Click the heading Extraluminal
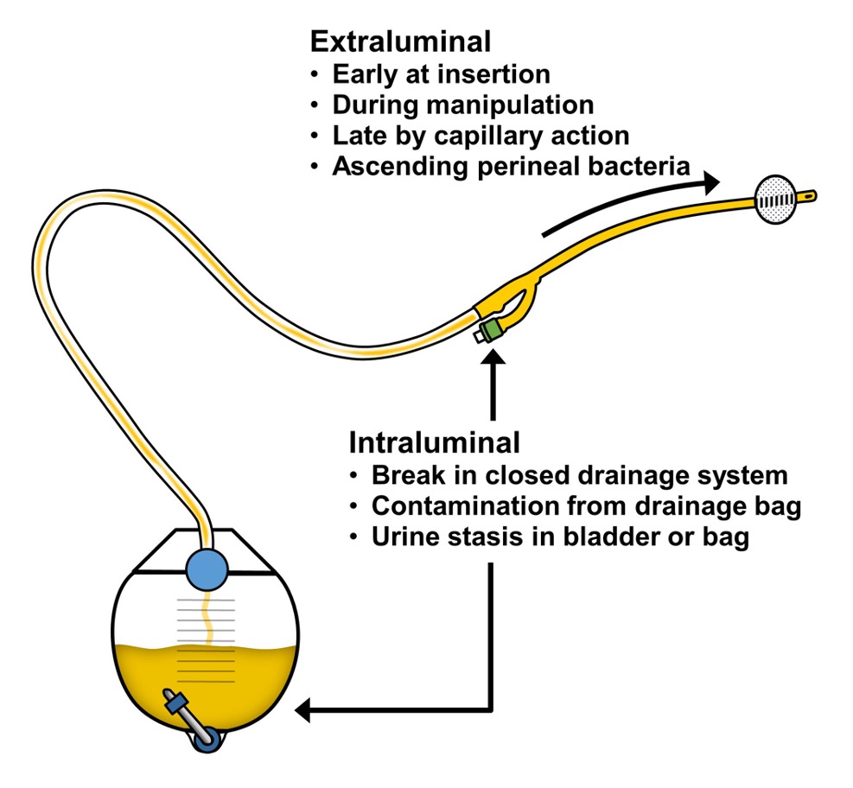(400, 41)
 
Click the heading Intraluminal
(434, 442)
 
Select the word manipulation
(510, 105)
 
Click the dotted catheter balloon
(776, 200)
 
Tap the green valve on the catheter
(493, 330)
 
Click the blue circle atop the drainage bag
(207, 570)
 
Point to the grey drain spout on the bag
(190, 717)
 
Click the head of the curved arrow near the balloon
(711, 182)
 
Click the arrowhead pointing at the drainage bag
(302, 709)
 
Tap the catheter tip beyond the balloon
(806, 196)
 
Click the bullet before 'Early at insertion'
(315, 74)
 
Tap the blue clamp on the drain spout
(176, 703)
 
